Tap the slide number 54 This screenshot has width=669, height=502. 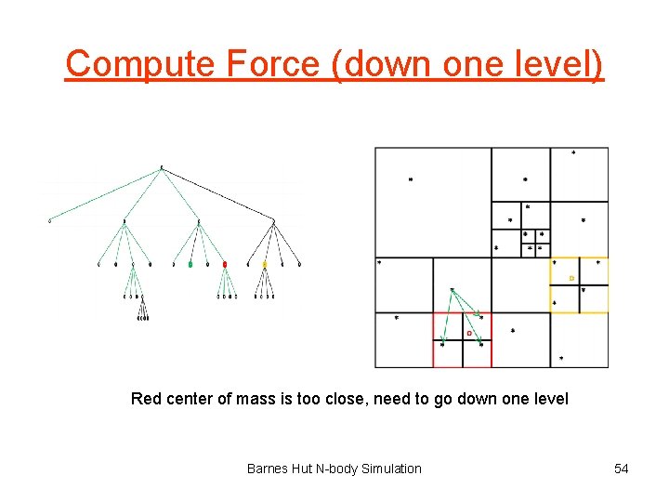(x=621, y=469)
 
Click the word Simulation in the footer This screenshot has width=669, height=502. (x=386, y=469)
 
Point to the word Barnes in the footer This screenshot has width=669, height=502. (x=268, y=469)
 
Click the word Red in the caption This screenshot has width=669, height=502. (x=146, y=399)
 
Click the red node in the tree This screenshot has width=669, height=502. (x=225, y=265)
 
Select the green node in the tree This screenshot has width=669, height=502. (x=190, y=265)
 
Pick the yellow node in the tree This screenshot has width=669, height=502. (x=264, y=265)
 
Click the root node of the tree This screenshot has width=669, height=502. (x=162, y=168)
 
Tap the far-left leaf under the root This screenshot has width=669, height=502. (x=50, y=221)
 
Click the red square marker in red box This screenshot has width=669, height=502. (x=469, y=332)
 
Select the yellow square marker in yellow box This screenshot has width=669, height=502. (x=571, y=278)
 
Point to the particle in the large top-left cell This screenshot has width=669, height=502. (x=411, y=179)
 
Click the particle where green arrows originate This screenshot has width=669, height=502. (x=452, y=290)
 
